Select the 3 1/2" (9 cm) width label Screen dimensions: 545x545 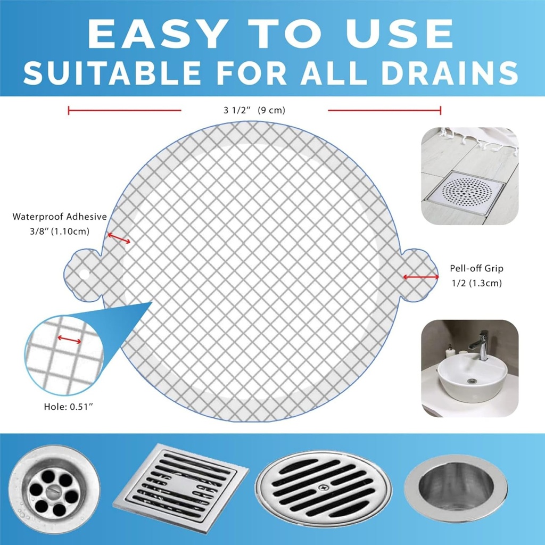click(254, 111)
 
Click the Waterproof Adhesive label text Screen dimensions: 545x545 click(60, 217)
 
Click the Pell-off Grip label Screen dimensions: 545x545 click(476, 269)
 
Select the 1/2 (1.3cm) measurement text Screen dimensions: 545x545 click(476, 283)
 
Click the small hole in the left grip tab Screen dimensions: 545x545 click(84, 274)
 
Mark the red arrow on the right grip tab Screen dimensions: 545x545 click(420, 277)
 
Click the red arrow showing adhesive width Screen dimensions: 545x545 click(119, 240)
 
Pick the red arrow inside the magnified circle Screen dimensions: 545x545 click(69, 340)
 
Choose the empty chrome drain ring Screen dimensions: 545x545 click(456, 486)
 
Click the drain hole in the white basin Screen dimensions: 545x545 click(471, 381)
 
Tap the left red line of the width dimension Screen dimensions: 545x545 click(125, 111)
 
